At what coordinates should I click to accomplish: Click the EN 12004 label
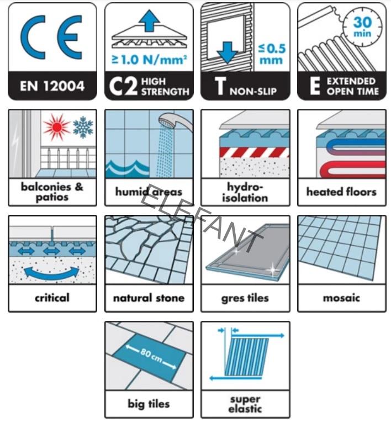tap(52, 86)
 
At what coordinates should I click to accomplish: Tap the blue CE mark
tap(51, 37)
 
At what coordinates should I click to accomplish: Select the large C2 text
tap(123, 86)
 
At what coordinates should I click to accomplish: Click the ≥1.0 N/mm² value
tap(149, 59)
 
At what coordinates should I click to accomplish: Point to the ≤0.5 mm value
tap(271, 54)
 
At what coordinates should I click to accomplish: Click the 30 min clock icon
tap(362, 28)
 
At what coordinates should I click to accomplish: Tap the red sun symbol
tap(57, 127)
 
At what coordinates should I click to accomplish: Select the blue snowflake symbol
tap(83, 127)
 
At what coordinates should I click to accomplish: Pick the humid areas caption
tap(149, 192)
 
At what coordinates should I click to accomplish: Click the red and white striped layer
tap(254, 152)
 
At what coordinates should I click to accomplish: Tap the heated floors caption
tap(341, 192)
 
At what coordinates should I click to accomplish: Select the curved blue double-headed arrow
tap(52, 273)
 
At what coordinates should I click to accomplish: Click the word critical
tap(52, 298)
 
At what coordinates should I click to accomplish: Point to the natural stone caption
tap(149, 298)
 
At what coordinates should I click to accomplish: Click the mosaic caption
tap(341, 298)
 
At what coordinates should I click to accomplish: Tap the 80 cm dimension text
tap(151, 355)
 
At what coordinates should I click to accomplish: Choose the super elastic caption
tap(245, 404)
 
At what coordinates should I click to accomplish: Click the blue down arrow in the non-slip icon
tap(228, 52)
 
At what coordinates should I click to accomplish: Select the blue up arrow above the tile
tap(149, 20)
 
